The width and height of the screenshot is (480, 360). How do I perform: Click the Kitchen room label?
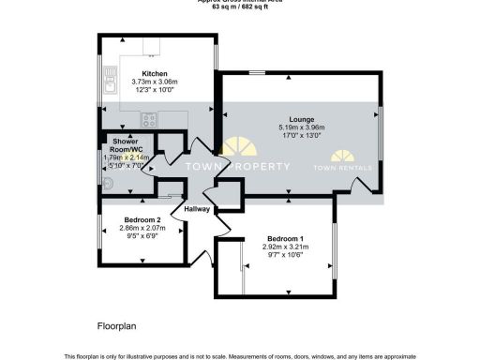(x=154, y=74)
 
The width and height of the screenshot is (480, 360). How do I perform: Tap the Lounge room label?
(x=301, y=119)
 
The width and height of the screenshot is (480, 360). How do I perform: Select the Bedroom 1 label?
(x=283, y=238)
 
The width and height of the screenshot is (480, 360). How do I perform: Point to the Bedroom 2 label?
(x=142, y=219)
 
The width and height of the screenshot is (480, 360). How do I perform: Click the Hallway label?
(x=197, y=209)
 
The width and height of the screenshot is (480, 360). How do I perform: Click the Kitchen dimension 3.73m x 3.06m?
(x=154, y=82)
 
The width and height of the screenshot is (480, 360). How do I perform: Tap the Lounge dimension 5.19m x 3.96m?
(x=301, y=127)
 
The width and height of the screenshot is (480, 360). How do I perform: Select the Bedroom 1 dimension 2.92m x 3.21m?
(x=283, y=247)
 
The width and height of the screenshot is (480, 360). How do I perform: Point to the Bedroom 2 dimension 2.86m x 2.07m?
(x=142, y=228)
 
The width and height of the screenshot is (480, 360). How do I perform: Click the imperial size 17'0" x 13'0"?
(x=301, y=136)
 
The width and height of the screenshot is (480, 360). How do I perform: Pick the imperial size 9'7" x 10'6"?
(x=283, y=255)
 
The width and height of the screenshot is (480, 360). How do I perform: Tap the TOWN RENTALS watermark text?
(x=349, y=168)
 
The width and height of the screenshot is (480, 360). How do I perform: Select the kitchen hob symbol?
(x=148, y=118)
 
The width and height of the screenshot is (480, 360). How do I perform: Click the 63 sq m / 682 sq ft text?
(x=239, y=6)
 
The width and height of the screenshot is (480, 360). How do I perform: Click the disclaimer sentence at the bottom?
(x=239, y=355)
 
